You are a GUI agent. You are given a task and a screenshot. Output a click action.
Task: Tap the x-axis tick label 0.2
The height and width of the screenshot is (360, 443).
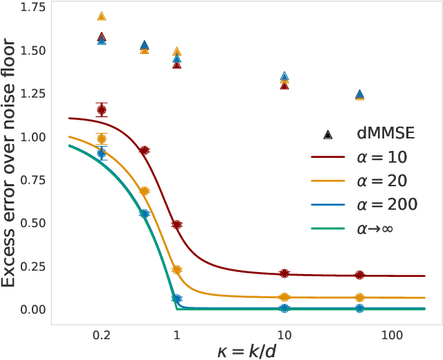102,334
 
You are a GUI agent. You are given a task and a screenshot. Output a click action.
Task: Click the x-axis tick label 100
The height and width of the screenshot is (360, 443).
392,334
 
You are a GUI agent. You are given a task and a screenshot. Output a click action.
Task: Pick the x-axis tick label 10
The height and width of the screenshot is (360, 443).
284,334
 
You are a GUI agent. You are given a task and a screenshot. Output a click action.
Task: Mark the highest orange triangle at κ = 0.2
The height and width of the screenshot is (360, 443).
102,16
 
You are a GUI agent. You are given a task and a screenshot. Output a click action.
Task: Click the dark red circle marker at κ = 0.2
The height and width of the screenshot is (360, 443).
102,109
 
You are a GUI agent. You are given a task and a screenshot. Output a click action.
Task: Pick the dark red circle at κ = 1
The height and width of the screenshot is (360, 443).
177,225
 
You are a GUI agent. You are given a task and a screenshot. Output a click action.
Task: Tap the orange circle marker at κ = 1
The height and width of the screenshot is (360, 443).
177,270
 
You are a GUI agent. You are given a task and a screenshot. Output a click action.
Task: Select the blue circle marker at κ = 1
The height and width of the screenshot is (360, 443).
177,299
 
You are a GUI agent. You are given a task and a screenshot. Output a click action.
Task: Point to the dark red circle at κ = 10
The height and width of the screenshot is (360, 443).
284,274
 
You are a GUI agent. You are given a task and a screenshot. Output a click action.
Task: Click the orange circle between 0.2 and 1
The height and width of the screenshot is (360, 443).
144,191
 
